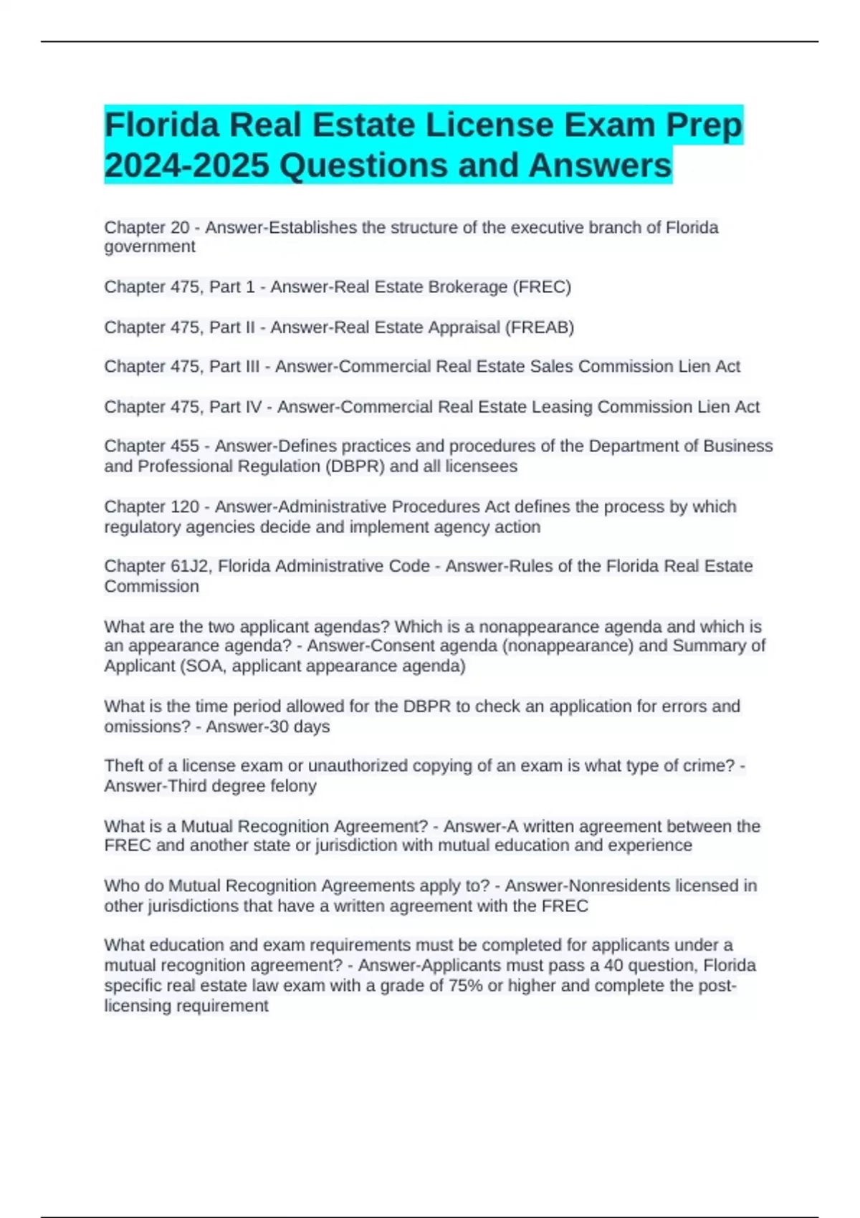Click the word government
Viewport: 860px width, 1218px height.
pos(149,247)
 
